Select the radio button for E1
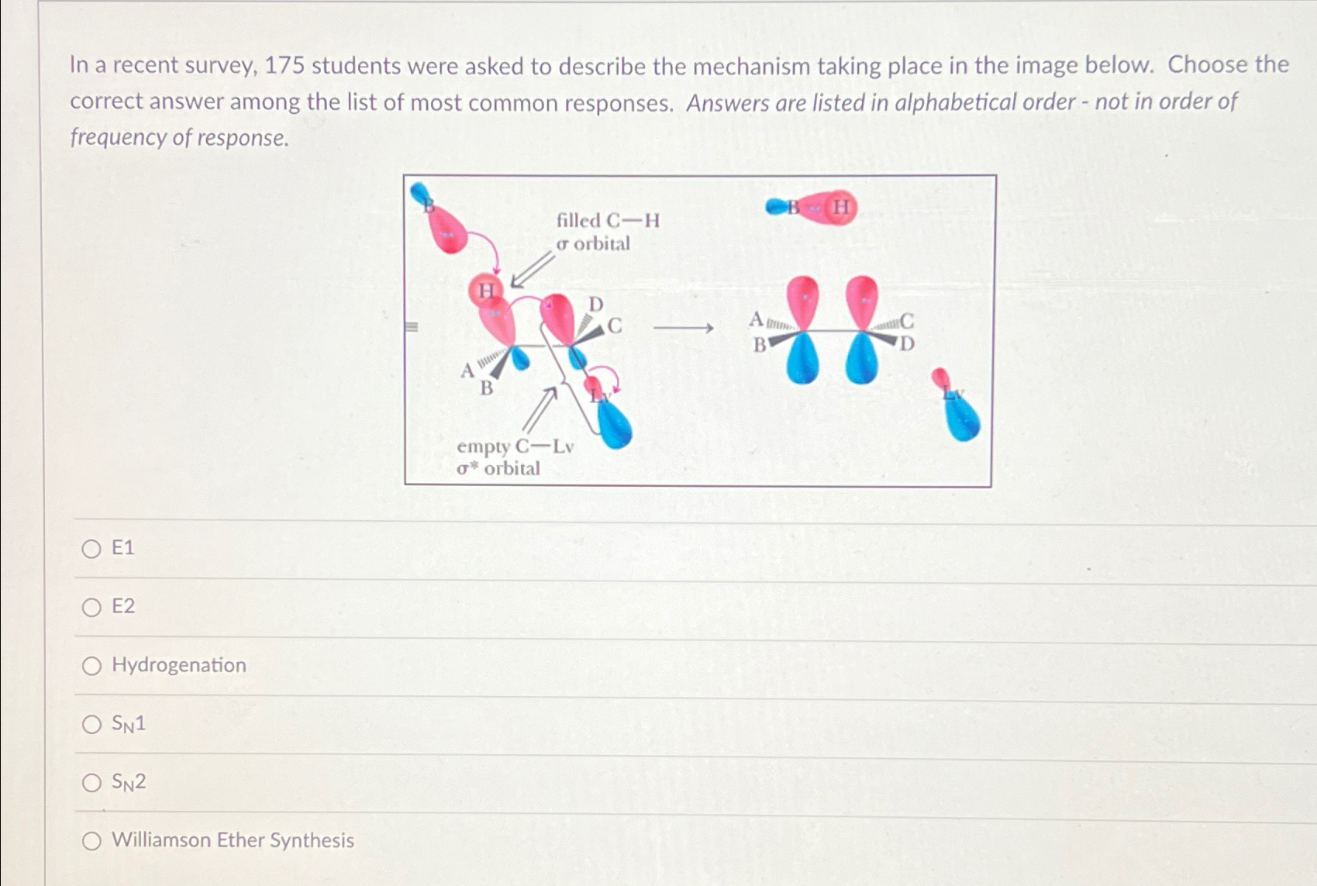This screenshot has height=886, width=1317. click(91, 549)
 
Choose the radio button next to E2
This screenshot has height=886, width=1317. click(91, 607)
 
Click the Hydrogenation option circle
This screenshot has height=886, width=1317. click(91, 666)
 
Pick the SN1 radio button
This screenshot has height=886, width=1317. click(91, 724)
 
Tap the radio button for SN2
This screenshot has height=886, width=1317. click(91, 783)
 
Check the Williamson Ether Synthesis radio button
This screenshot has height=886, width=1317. click(91, 841)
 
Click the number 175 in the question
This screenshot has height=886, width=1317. click(284, 66)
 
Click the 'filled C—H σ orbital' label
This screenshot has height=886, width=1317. click(608, 233)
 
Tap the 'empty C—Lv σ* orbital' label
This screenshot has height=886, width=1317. click(515, 457)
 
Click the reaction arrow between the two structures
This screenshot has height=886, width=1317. click(683, 328)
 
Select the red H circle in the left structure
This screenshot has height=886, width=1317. click(486, 291)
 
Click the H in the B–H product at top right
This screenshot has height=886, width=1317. click(841, 207)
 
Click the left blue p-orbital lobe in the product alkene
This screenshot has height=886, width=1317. click(802, 359)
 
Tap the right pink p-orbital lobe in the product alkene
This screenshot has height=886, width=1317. click(862, 302)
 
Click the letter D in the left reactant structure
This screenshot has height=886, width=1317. click(596, 305)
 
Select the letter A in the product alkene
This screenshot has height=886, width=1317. click(756, 319)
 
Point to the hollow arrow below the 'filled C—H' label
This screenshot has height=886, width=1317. click(533, 270)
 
